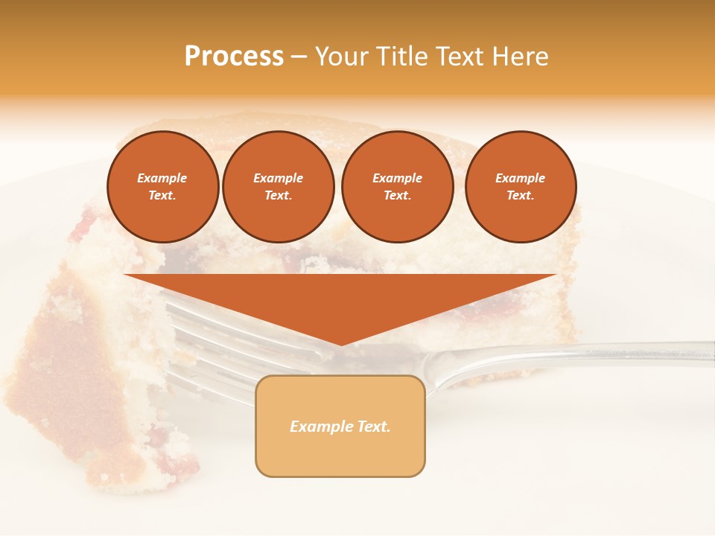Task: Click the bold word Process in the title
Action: coord(234,57)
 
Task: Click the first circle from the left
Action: coord(162,187)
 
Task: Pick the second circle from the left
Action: coord(278,187)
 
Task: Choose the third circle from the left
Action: coord(397,187)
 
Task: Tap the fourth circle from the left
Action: coord(520,187)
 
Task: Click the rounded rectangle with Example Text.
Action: coord(340,426)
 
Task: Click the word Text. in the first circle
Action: coord(162,196)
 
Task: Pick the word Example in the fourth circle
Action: coord(520,178)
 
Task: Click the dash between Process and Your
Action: coord(299,57)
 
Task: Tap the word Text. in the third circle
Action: coord(397,196)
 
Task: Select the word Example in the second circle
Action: coord(278,178)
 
